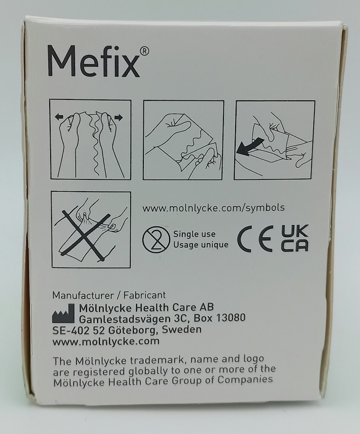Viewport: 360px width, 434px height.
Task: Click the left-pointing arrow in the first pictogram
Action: tap(59, 117)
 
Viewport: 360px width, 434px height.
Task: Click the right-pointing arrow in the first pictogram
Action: tap(118, 118)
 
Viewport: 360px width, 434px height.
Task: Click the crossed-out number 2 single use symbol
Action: tap(156, 239)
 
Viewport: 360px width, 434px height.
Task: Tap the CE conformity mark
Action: tap(256, 239)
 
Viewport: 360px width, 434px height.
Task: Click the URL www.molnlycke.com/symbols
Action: tap(213, 208)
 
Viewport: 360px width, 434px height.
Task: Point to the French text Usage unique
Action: tap(201, 245)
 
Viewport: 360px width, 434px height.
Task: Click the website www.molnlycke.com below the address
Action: tap(106, 341)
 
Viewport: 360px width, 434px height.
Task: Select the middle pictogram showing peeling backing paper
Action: tap(183, 140)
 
